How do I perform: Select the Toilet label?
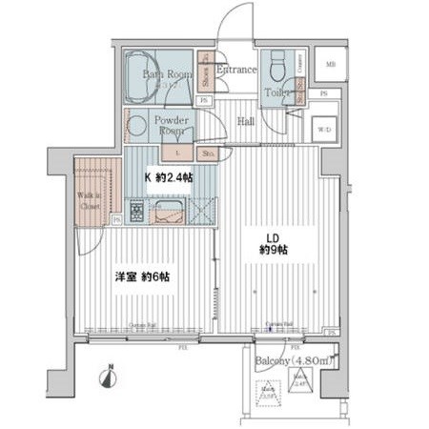[277, 93]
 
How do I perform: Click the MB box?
[331, 64]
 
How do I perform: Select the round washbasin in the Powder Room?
[137, 124]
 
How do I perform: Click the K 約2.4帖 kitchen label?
[165, 177]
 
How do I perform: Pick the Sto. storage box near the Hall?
[209, 153]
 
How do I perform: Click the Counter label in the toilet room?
[299, 65]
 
